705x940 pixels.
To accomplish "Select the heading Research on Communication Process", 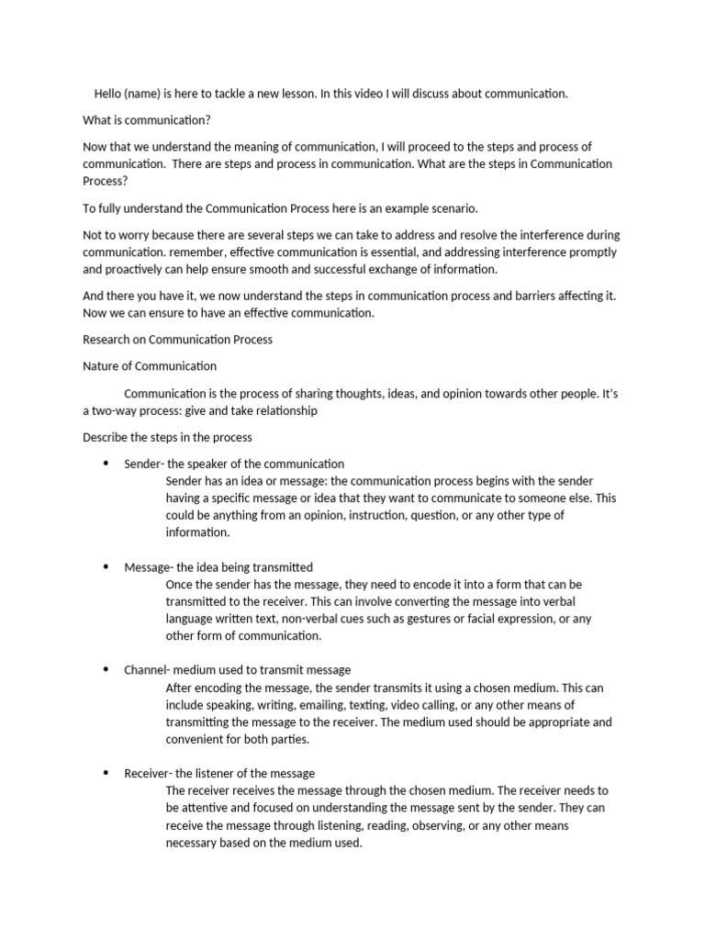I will coord(177,340).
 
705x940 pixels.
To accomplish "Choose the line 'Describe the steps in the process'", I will coord(167,437).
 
